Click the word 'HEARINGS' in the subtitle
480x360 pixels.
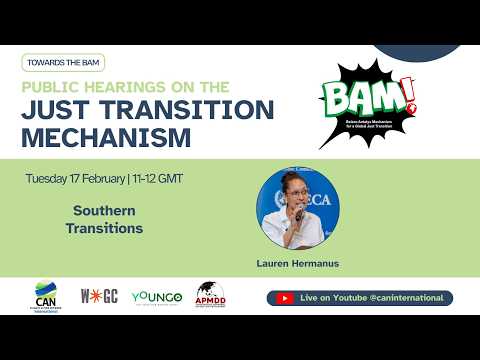(x=125, y=87)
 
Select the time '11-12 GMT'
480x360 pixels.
(x=157, y=179)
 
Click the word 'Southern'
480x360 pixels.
(x=104, y=211)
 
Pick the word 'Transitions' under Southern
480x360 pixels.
(x=104, y=228)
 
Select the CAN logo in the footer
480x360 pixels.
(x=46, y=297)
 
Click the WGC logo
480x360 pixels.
(x=100, y=297)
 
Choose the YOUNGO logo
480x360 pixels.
(x=155, y=297)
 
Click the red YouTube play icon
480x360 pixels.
(x=285, y=298)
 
